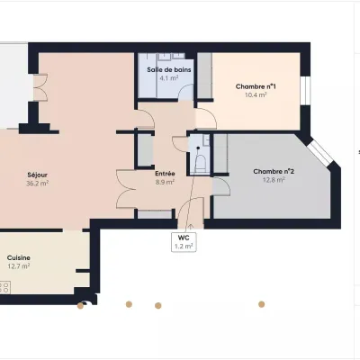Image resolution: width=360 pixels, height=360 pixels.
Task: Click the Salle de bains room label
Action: click(169, 70)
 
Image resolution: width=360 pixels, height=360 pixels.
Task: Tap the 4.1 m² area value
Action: click(169, 78)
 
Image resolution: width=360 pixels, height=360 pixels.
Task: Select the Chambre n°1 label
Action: click(256, 86)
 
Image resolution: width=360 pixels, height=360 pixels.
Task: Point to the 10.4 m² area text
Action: click(256, 95)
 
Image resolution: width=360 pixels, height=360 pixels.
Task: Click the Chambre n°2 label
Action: click(274, 172)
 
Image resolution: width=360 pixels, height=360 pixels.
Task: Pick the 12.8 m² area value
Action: click(274, 180)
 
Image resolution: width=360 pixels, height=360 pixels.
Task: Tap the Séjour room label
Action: click(38, 175)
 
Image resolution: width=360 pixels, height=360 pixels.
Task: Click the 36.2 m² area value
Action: click(38, 184)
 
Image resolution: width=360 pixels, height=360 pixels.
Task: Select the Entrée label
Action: click(165, 174)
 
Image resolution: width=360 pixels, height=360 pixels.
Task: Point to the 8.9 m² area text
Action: click(165, 182)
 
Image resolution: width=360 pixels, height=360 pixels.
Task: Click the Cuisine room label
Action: click(19, 257)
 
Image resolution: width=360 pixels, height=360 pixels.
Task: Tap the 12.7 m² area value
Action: click(19, 266)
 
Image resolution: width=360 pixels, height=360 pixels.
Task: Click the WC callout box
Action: click(184, 242)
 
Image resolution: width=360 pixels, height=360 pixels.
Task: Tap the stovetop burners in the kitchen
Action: click(5, 287)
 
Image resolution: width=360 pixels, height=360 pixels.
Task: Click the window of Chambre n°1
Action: click(305, 91)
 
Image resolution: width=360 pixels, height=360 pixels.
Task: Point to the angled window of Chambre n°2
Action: click(320, 152)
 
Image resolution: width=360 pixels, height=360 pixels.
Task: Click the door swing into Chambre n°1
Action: click(207, 118)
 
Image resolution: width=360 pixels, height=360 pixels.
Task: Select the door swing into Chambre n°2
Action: click(221, 186)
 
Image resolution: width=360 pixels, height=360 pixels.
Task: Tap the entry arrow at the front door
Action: click(190, 227)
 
